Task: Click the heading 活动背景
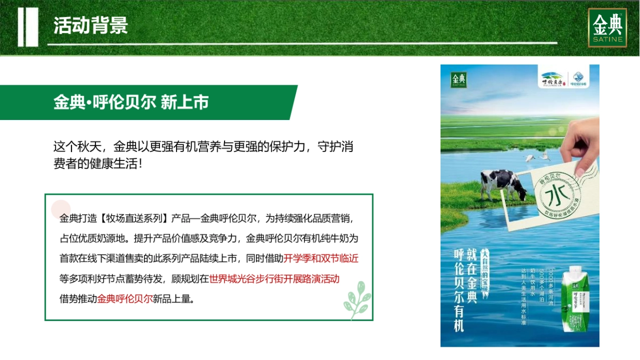click(x=91, y=26)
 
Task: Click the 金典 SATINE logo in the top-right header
click(x=607, y=28)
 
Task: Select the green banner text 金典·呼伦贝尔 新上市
click(x=131, y=102)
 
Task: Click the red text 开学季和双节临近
click(x=321, y=259)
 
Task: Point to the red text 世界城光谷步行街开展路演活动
click(x=274, y=278)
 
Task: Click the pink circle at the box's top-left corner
click(x=61, y=209)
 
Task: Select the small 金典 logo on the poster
click(x=459, y=79)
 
